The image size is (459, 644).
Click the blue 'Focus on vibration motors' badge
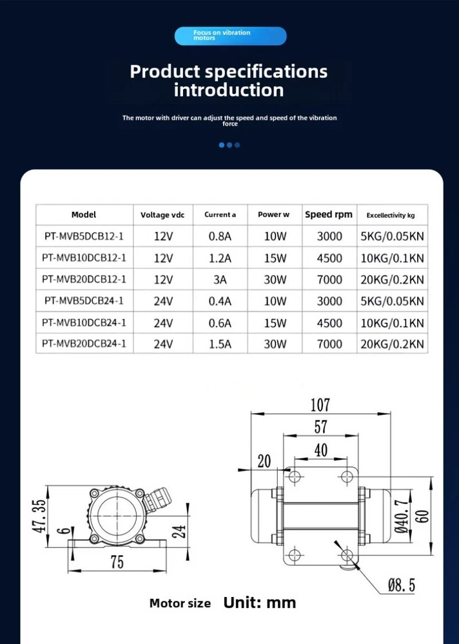click(x=230, y=36)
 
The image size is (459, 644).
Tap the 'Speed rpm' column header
click(x=329, y=214)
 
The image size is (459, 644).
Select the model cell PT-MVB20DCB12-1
click(x=84, y=279)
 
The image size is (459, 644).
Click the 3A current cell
click(x=220, y=279)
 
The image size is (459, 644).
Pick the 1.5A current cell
click(x=220, y=344)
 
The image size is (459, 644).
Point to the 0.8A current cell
click(x=220, y=236)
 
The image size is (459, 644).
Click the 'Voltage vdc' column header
click(x=163, y=215)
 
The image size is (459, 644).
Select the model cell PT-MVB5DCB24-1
click(x=84, y=301)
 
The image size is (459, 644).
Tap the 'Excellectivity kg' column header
click(x=391, y=215)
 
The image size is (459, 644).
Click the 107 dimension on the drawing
click(x=320, y=405)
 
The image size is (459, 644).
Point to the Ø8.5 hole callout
click(x=401, y=585)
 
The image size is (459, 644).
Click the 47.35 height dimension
click(x=39, y=516)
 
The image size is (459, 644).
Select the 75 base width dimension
click(x=117, y=562)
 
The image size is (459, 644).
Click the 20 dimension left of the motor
click(x=264, y=461)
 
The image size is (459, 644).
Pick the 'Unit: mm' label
click(x=260, y=603)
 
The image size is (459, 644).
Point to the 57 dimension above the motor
click(x=320, y=427)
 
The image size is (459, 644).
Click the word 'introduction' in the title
click(x=229, y=90)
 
